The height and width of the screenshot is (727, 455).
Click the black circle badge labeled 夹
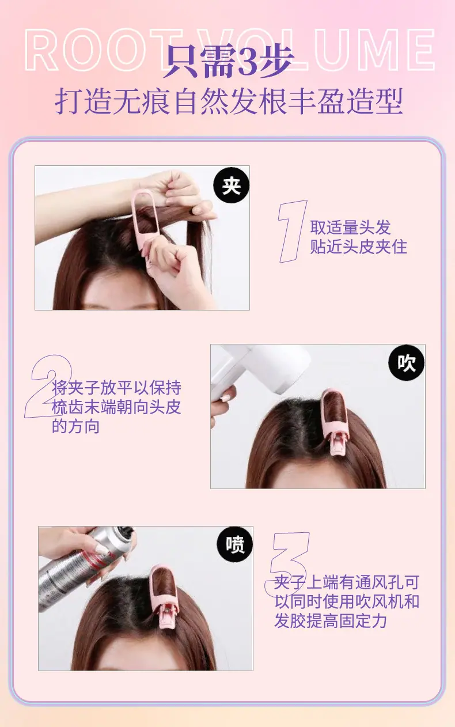tap(232, 185)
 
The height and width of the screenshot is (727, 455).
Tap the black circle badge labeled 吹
tap(407, 362)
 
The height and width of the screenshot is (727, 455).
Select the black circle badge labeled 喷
tap(235, 544)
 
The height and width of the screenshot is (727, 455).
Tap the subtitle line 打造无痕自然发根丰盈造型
tap(229, 101)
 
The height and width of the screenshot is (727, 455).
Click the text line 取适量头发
tap(350, 227)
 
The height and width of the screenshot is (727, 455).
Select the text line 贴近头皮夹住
tap(358, 247)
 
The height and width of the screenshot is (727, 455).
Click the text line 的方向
tap(75, 426)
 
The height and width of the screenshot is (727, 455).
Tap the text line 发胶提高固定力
tap(331, 620)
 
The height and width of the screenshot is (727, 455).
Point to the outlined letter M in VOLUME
tap(374, 50)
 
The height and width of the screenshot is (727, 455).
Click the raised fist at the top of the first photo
tap(180, 188)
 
